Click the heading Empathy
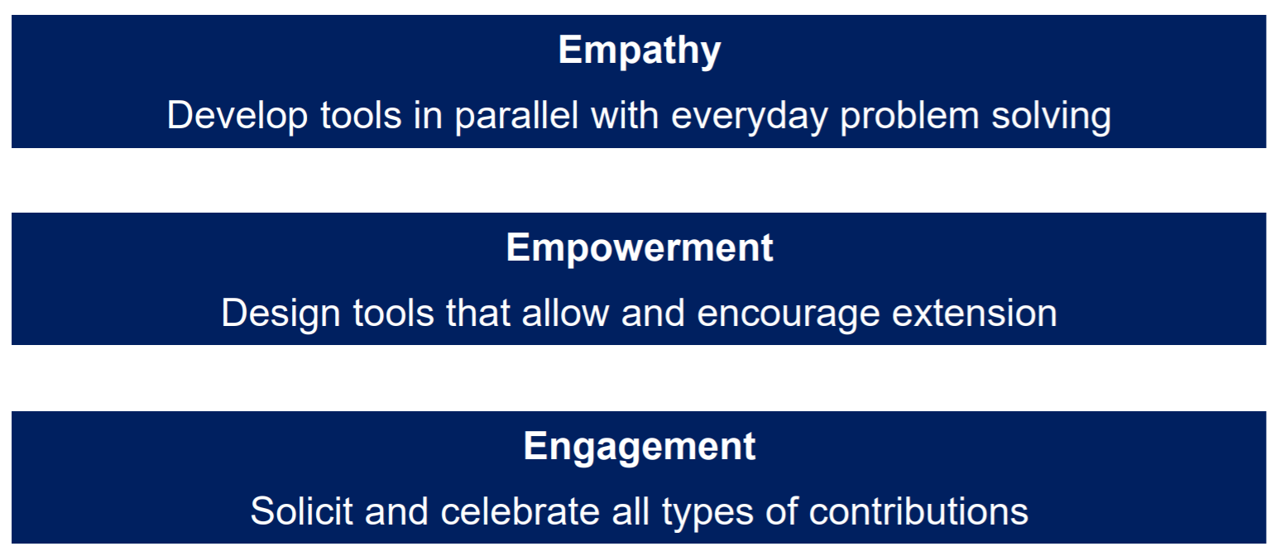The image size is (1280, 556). coord(640,51)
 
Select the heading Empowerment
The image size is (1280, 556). coord(640,248)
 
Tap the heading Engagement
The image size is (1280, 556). coord(640,447)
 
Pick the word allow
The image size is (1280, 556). coord(565,313)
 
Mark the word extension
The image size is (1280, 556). coord(975,313)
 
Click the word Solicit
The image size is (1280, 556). coord(301,510)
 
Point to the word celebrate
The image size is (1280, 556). coord(520,510)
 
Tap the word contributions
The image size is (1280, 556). coord(918,510)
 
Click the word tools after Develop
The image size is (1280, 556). coord(361,116)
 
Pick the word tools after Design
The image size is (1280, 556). coord(394,313)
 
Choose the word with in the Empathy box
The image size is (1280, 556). coord(625,116)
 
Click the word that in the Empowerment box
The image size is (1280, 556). coord(477,313)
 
